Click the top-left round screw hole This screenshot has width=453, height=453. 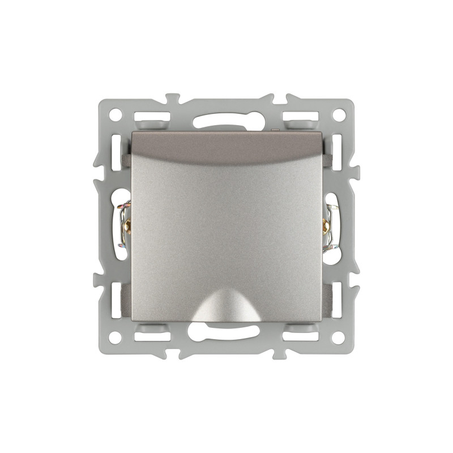point(115,114)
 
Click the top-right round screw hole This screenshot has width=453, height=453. point(338,114)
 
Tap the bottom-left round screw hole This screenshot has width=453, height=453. point(115,338)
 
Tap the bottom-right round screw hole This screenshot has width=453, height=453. point(338,338)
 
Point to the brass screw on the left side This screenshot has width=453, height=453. point(127,226)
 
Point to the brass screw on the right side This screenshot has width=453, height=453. point(326,226)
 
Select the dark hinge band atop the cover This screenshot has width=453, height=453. point(226,146)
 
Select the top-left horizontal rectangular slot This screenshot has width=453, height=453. point(152,117)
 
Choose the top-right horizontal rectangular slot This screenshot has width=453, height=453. point(301,117)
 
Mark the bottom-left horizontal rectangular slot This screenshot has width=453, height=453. point(152,336)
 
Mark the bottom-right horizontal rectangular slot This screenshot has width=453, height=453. point(301,336)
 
